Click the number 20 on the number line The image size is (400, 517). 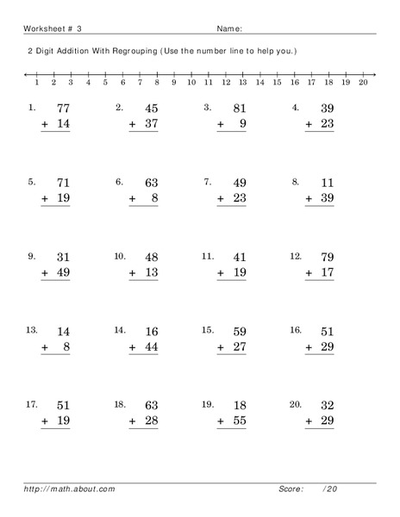click(x=363, y=84)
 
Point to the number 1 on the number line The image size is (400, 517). click(x=36, y=84)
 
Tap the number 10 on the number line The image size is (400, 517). click(x=191, y=84)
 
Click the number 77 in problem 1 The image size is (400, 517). click(x=63, y=109)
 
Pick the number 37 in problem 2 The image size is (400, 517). click(x=150, y=125)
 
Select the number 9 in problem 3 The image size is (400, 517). click(x=244, y=125)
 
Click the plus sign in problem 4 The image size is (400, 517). click(x=308, y=125)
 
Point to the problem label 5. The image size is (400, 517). click(x=32, y=182)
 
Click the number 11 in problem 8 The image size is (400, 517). click(x=326, y=183)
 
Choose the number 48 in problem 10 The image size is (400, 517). click(x=150, y=257)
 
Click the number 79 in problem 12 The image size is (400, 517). click(x=326, y=257)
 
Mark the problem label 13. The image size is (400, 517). click(x=31, y=330)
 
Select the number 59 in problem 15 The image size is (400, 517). click(x=238, y=331)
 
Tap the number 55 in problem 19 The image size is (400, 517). click(x=238, y=421)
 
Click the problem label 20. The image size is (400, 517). click(x=296, y=404)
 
